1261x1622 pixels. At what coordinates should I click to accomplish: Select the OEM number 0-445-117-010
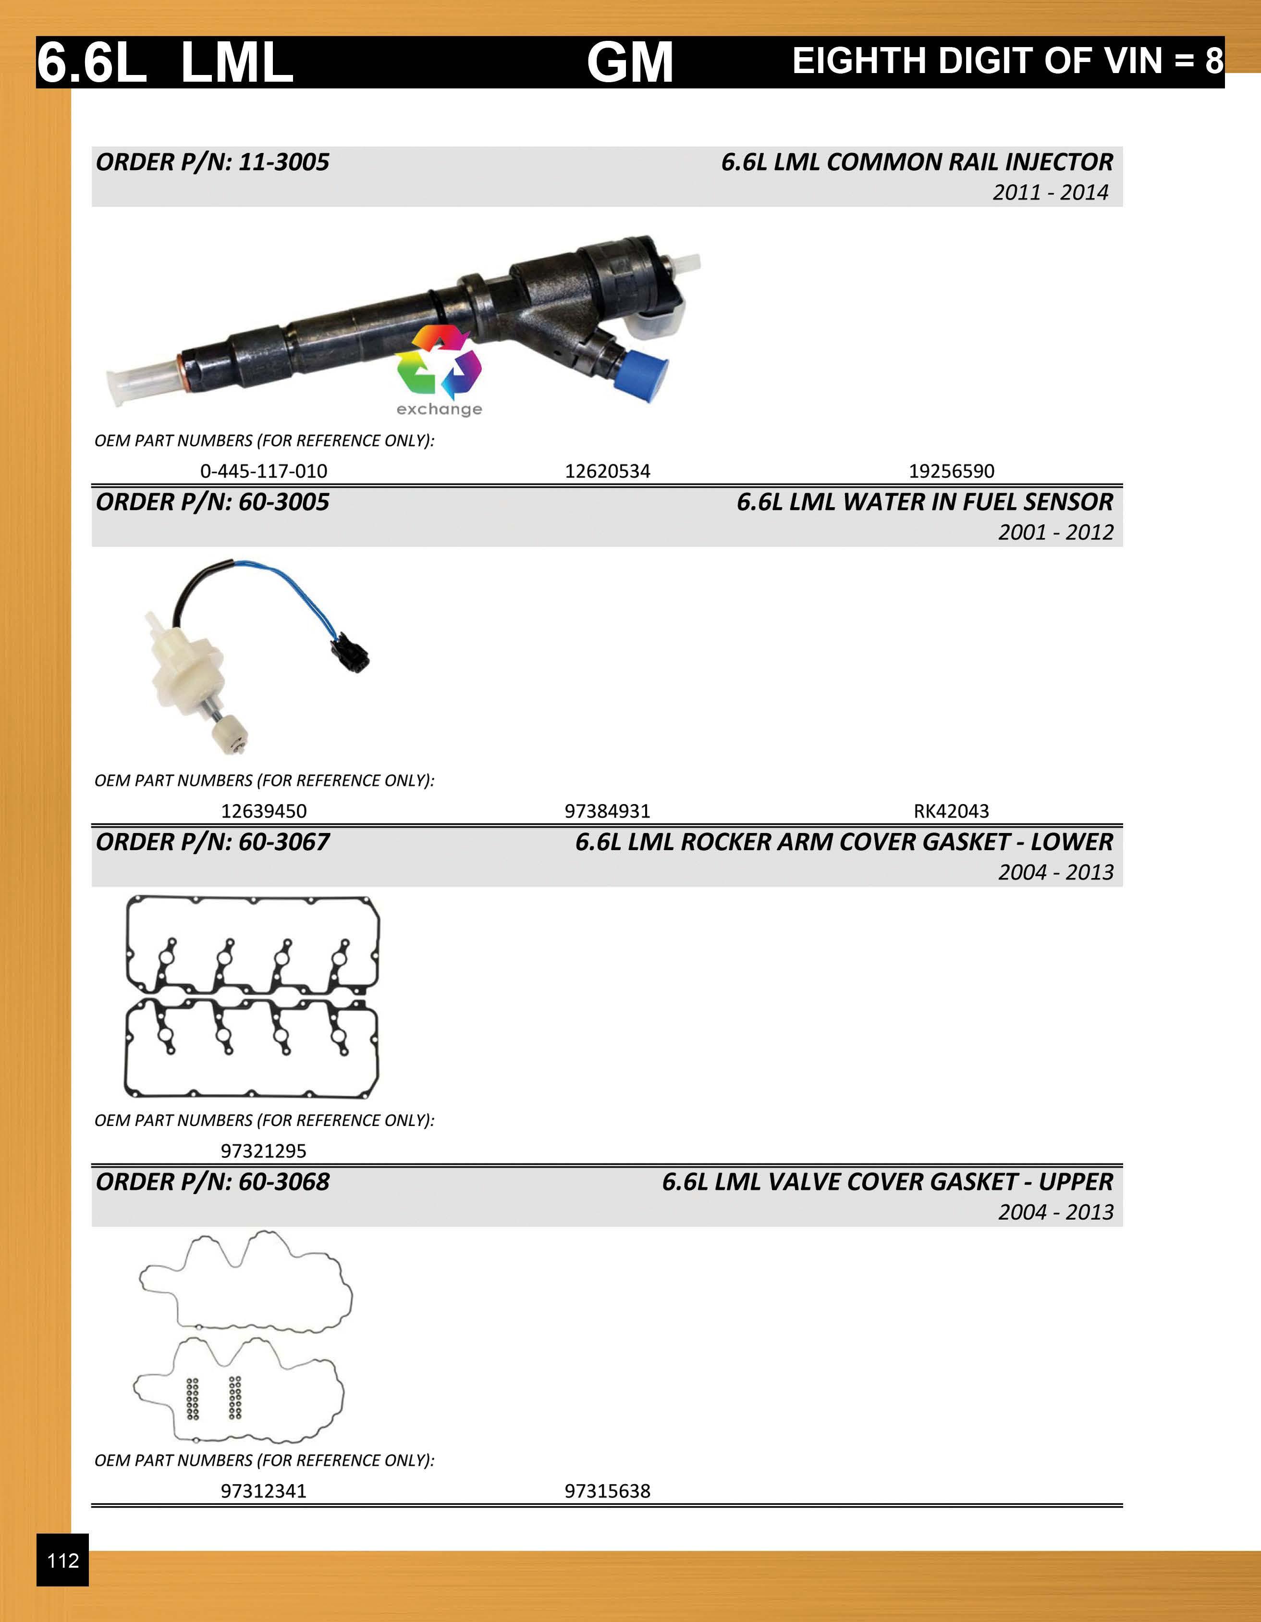(x=263, y=471)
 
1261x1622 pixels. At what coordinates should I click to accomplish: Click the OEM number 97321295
(x=263, y=1151)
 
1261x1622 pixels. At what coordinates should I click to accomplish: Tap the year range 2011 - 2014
(x=1050, y=192)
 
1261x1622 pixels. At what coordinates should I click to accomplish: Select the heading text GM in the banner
(x=629, y=62)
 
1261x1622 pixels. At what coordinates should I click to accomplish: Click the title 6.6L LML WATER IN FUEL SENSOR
(x=924, y=502)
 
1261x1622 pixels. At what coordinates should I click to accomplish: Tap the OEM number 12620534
(x=607, y=471)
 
